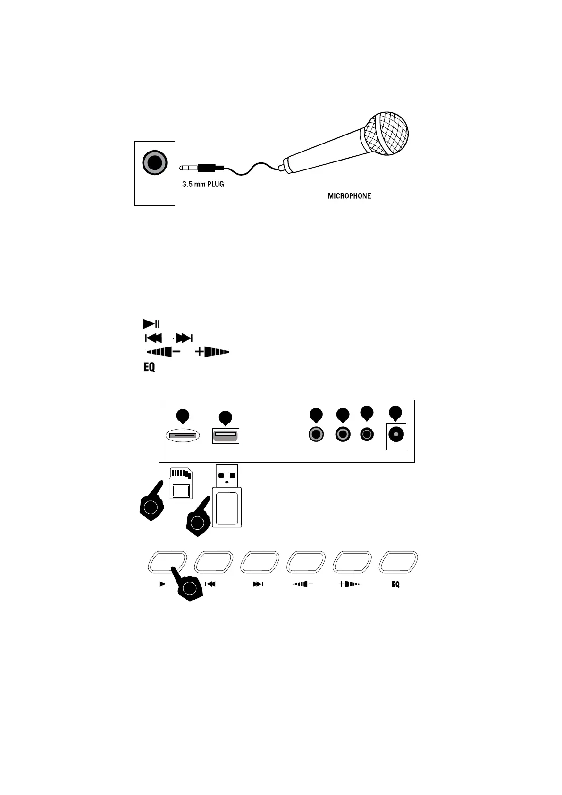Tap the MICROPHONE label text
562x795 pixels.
click(x=349, y=196)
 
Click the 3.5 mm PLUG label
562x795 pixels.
click(x=203, y=184)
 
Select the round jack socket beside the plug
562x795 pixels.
click(x=155, y=163)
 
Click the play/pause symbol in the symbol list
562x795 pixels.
click(x=151, y=324)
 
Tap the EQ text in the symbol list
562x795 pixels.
click(x=149, y=367)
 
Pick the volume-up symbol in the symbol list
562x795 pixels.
click(x=212, y=352)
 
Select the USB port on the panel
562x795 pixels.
click(x=226, y=435)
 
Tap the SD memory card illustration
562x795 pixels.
click(x=181, y=483)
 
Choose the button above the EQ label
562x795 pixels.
click(x=398, y=563)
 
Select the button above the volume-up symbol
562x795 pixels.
click(x=352, y=563)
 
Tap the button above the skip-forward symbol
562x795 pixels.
click(x=260, y=563)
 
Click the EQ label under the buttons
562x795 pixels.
click(x=395, y=584)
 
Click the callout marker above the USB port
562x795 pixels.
click(x=226, y=418)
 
